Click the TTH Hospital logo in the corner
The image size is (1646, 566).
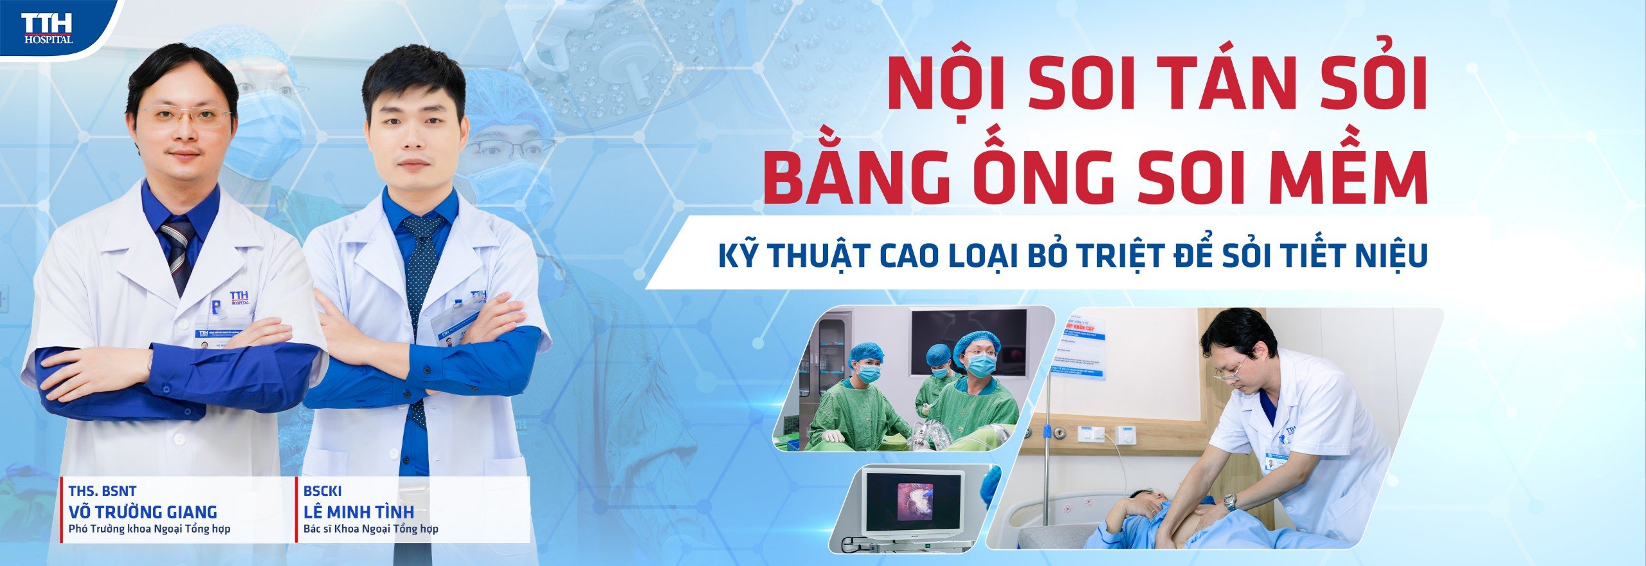tap(48, 29)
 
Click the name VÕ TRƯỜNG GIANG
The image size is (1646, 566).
tap(143, 512)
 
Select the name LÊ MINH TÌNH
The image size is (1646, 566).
tap(359, 512)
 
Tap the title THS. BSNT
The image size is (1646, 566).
tap(102, 491)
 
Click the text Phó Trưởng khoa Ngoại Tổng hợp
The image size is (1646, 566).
tap(149, 529)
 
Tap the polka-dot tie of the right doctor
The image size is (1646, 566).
tap(421, 270)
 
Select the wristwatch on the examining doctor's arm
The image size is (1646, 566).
tap(1229, 502)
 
